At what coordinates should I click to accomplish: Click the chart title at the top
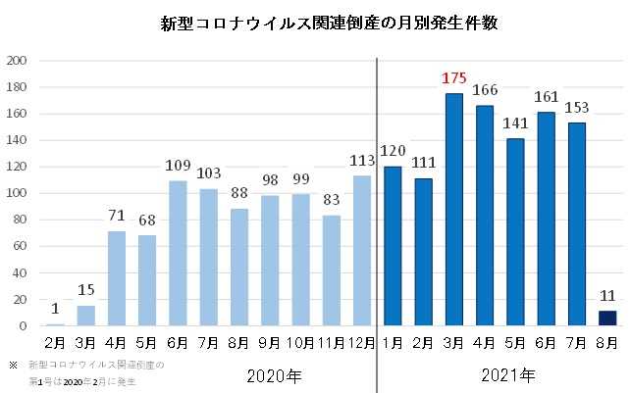314,23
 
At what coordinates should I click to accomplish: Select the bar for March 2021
454,209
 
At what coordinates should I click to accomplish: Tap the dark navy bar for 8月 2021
606,318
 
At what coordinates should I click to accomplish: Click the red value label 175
454,77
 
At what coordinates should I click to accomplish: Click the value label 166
485,90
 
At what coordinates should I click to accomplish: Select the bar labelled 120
394,245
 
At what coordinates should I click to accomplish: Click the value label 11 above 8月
606,295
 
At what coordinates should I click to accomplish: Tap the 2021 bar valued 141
515,231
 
